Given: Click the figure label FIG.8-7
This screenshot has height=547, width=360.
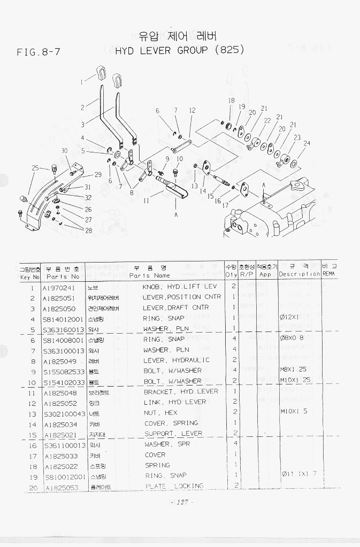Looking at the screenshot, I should [39, 52].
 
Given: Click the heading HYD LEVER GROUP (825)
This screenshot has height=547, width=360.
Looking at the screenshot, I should [180, 50].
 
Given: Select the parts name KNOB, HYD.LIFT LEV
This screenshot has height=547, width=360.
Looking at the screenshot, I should [179, 287].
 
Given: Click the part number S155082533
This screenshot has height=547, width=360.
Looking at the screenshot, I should [64, 371].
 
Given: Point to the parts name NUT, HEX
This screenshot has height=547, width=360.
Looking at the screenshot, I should [160, 413].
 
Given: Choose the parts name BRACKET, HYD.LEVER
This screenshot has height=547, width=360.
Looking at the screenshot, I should [181, 391].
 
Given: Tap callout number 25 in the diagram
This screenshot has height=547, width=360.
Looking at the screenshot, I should [35, 168].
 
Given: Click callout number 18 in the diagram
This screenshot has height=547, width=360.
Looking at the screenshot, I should [231, 101].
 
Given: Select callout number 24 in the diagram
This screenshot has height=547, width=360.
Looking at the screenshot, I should [307, 143].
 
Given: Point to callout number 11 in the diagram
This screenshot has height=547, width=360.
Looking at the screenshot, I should [146, 201].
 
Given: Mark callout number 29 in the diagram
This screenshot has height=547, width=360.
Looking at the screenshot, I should [98, 174].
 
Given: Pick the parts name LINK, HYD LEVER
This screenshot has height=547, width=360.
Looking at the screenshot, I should [175, 402].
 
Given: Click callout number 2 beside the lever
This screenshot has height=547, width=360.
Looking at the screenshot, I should [82, 107].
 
